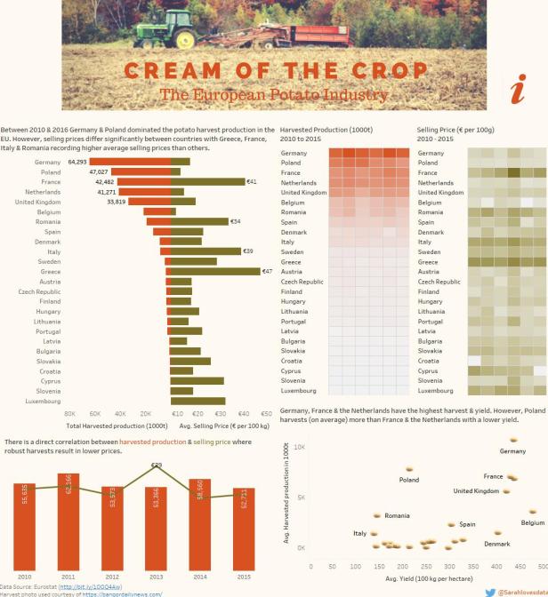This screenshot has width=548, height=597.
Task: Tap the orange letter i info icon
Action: (520, 90)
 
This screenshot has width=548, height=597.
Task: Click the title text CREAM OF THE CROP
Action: (274, 71)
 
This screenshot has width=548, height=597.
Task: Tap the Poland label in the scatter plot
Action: (408, 480)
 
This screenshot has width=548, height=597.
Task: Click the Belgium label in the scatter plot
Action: (533, 523)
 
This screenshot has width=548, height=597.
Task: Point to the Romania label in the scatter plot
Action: (397, 515)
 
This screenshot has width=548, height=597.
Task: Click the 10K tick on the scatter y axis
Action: (300, 447)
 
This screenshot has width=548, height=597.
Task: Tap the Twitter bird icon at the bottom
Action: (490, 591)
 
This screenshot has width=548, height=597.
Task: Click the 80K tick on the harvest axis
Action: (69, 414)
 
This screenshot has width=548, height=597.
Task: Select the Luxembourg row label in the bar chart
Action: (42, 401)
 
